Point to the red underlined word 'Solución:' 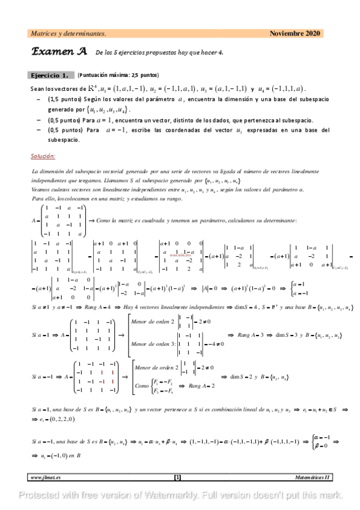pos(43,156)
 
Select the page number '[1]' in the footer pos(177,478)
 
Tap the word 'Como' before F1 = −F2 pos(142,385)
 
